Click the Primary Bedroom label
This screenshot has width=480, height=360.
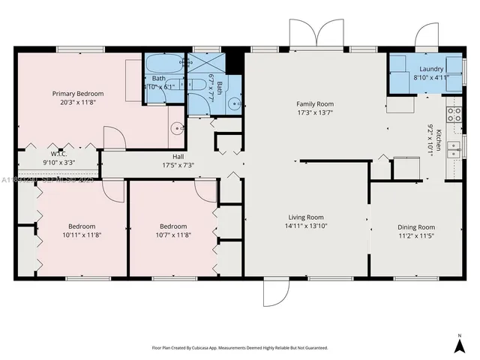[77, 94]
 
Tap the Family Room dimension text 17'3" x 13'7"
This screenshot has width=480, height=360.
[314, 113]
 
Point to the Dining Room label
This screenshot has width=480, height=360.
[415, 226]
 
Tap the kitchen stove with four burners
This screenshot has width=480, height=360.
[453, 115]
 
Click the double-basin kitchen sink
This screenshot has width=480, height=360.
[453, 150]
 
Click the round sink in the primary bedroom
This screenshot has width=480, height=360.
[177, 127]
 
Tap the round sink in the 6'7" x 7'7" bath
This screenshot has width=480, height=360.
[235, 105]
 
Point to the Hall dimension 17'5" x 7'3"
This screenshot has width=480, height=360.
[173, 165]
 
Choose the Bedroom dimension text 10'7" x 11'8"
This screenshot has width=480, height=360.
[172, 235]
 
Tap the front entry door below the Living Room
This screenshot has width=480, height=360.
[274, 292]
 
